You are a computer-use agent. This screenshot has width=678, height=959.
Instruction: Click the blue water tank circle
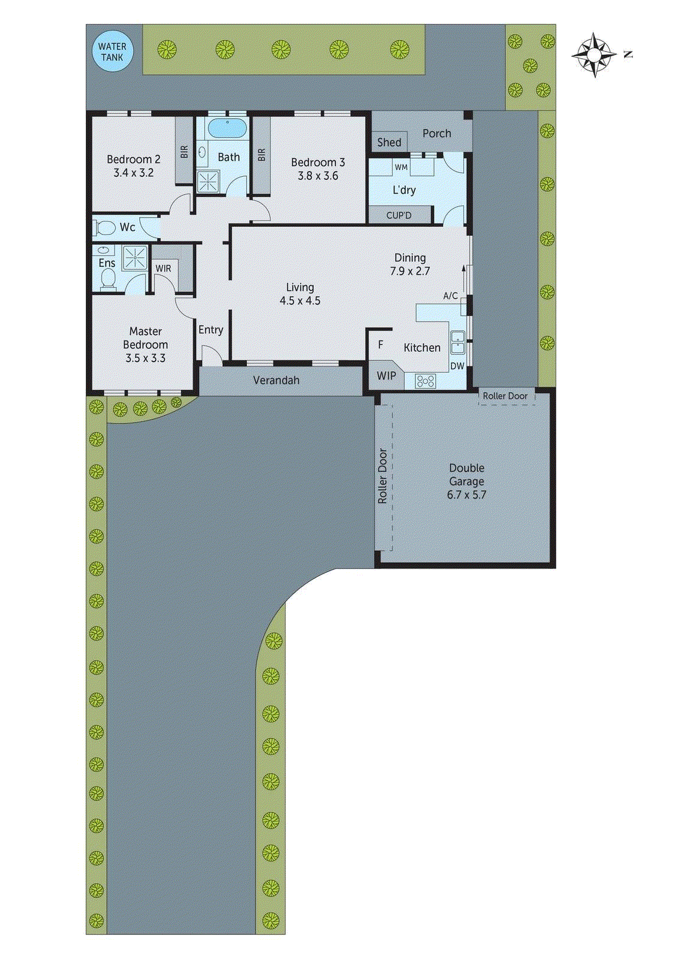point(112,52)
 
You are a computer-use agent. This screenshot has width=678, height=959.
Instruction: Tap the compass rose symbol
point(593,55)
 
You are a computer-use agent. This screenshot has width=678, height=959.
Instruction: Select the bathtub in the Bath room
point(227,128)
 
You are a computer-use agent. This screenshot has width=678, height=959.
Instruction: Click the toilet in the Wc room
point(106,228)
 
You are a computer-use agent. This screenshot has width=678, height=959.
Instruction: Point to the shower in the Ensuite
point(135,258)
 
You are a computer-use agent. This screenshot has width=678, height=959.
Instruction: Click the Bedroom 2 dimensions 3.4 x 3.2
point(133,173)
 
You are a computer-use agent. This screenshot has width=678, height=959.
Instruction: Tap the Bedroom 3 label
point(318,162)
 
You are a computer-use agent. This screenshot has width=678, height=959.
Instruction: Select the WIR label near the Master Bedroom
point(163,269)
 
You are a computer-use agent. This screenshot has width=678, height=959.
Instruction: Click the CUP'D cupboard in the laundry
point(399,215)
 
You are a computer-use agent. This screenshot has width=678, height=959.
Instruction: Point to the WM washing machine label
point(401,167)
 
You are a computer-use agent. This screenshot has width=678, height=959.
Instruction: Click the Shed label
point(389,142)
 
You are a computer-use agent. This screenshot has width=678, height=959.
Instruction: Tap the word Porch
point(436,133)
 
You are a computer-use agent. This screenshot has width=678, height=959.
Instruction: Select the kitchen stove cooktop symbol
point(425,380)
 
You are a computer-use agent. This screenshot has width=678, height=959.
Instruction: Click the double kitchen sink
point(457,342)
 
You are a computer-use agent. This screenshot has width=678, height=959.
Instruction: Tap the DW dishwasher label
point(457,366)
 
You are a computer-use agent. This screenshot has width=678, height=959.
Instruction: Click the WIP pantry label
point(386,376)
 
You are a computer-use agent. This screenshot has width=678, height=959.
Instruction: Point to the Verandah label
point(276,380)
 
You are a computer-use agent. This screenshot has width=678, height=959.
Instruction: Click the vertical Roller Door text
point(382,476)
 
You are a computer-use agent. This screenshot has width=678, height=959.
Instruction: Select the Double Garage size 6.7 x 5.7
point(466,495)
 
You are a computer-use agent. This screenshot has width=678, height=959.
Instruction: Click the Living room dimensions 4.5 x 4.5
point(300,301)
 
